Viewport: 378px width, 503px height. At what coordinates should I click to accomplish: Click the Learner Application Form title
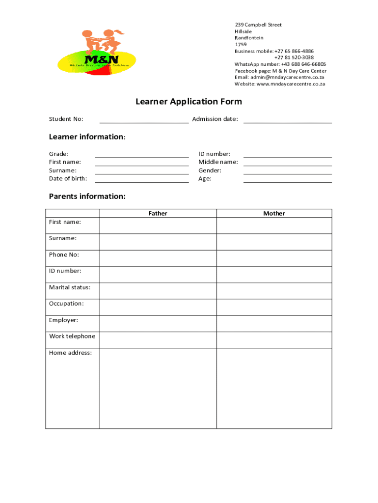189,102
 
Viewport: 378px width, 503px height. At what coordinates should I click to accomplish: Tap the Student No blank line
144,122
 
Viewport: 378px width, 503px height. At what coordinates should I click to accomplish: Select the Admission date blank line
287,122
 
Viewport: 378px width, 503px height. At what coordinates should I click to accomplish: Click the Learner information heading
87,137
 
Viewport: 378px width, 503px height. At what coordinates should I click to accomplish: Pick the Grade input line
142,156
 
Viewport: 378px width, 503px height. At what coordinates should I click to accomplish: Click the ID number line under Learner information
287,156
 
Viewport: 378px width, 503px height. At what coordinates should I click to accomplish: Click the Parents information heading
87,196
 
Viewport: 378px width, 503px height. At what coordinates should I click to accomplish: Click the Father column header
158,213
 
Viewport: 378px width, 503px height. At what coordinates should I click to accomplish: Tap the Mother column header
274,213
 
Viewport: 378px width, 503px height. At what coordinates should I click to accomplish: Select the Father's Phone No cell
158,258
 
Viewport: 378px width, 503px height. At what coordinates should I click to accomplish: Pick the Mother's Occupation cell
274,307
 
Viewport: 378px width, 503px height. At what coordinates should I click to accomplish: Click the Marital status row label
70,287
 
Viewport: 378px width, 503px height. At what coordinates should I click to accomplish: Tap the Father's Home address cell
158,388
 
